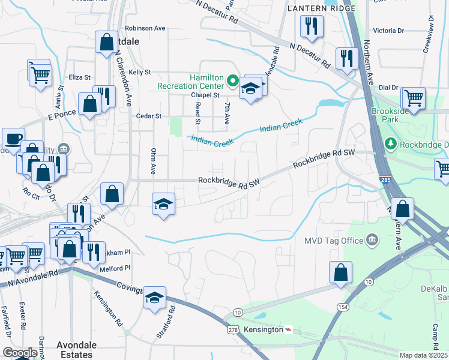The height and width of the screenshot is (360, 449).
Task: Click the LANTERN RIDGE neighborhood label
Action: pyautogui.click(x=321, y=8)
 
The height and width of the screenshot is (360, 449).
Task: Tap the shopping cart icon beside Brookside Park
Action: pyautogui.click(x=414, y=97)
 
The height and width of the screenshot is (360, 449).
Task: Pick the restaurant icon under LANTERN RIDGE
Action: pyautogui.click(x=312, y=26)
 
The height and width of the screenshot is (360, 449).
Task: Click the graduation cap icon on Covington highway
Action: pyautogui.click(x=154, y=298)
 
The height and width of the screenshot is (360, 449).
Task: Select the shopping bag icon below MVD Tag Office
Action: pyautogui.click(x=340, y=272)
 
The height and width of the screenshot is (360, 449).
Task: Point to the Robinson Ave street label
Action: pyautogui.click(x=145, y=28)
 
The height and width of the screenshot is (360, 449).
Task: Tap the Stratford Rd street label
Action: pyautogui.click(x=172, y=320)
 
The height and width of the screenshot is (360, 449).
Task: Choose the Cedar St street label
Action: pyautogui.click(x=149, y=116)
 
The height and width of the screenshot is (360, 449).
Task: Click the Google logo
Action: pyautogui.click(x=20, y=353)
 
